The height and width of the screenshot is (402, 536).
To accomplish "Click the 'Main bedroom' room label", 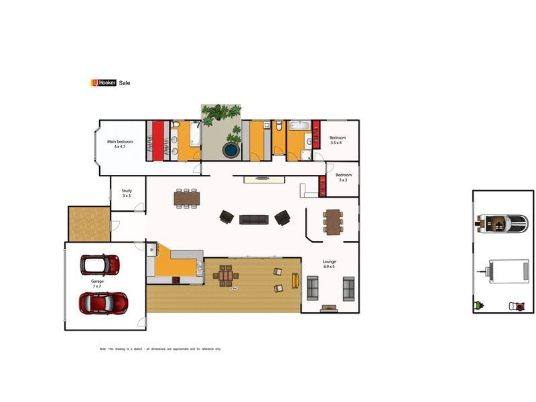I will point(121,141).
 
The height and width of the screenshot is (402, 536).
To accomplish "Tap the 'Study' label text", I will point(127,191).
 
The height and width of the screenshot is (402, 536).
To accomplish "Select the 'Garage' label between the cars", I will point(96,281).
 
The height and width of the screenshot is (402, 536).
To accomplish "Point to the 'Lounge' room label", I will point(329,261).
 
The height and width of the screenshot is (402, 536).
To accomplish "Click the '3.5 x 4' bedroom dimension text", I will point(336,143).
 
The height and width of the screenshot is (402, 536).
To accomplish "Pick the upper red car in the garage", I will point(100,263).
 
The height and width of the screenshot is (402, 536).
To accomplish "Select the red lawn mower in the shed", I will point(518,306).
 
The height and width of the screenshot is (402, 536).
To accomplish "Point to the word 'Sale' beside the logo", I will point(125,82).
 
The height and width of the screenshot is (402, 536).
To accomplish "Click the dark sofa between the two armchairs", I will point(254,219).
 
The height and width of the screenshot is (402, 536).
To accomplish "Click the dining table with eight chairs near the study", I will point(187,198).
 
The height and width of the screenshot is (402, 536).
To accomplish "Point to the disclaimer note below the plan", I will point(159,349).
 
